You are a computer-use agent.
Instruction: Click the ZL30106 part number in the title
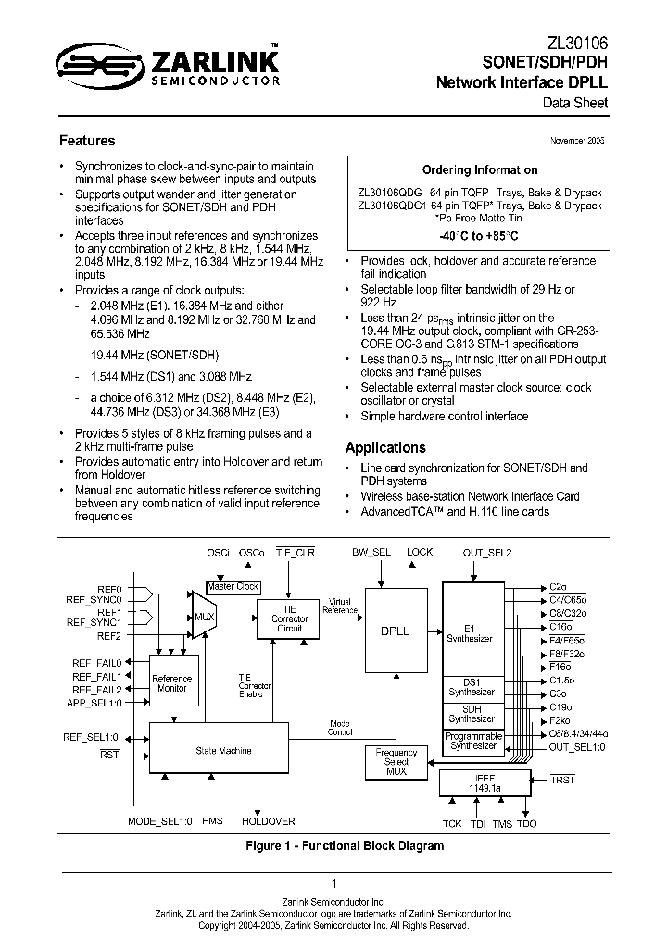coord(579,43)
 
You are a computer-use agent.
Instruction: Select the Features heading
coord(87,141)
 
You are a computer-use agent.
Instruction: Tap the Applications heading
coord(385,447)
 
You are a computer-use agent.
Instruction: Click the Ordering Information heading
coord(480,170)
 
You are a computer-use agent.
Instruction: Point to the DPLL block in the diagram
coord(395,631)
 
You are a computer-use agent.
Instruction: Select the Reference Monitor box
coord(172,683)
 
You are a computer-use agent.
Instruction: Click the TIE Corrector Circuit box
coord(289,618)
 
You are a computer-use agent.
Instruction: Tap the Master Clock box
coord(233,587)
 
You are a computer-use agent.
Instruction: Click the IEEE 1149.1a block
coord(486,783)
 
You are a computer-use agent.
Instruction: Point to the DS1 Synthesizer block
coord(472,686)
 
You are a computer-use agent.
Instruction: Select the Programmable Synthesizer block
coord(473,741)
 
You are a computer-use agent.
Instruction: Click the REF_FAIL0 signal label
coord(97,662)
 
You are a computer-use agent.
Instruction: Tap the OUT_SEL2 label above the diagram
coord(487,553)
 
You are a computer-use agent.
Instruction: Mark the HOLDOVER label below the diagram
coord(269,821)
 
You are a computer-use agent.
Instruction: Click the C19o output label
coord(558,706)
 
